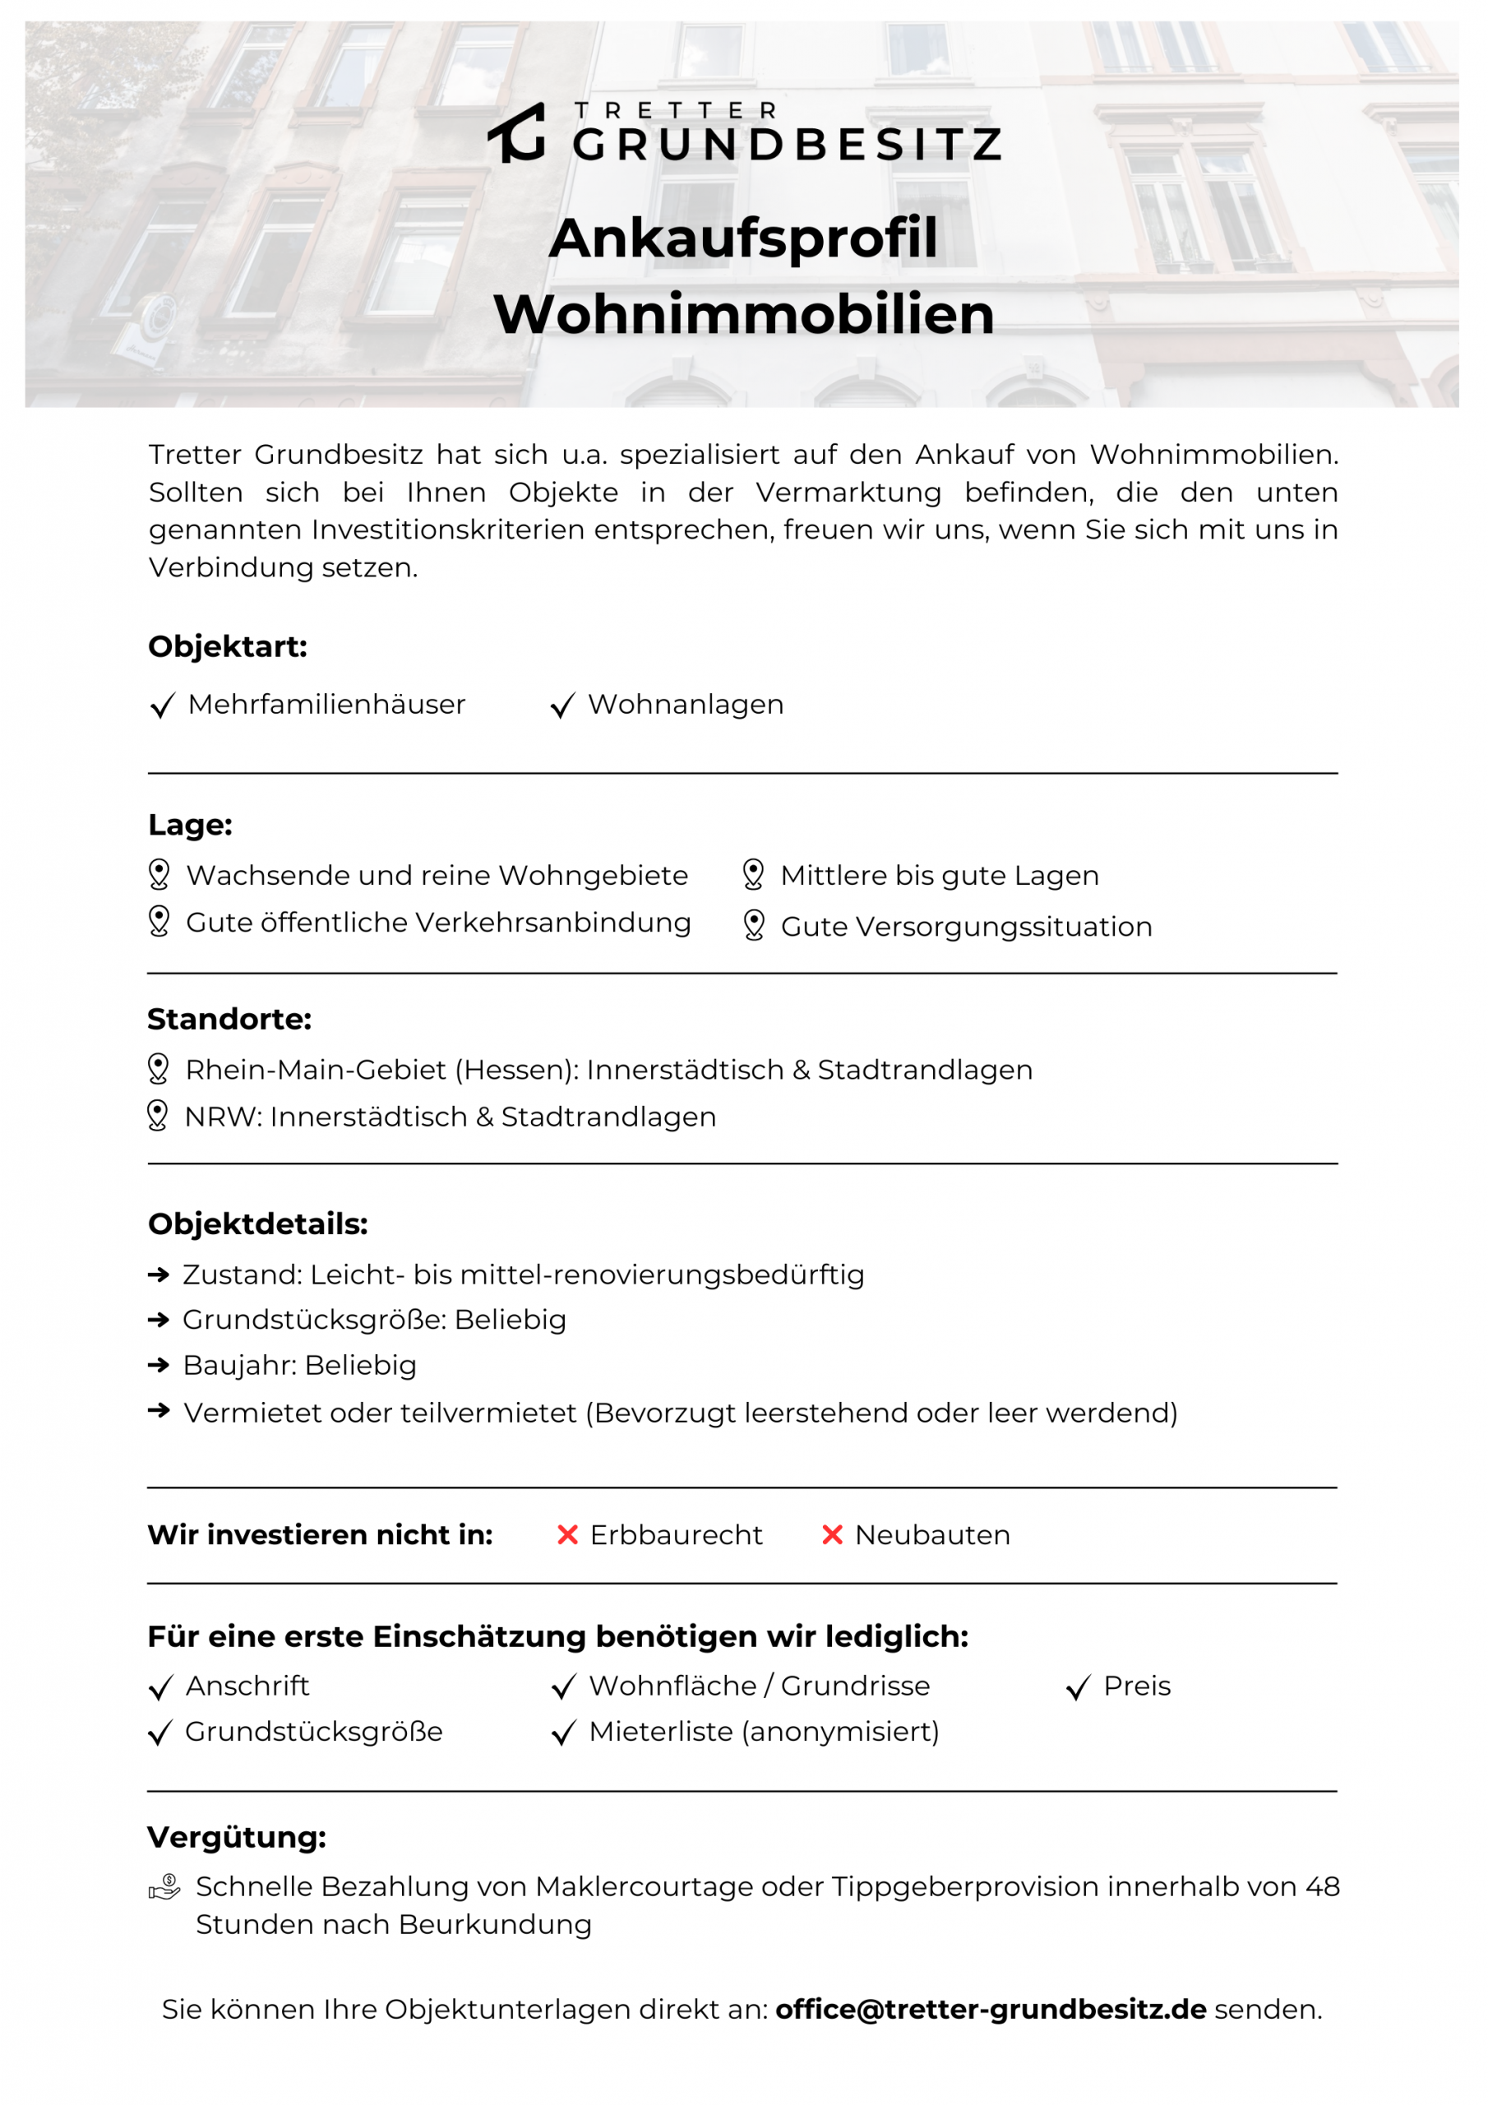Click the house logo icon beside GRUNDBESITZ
tap(516, 134)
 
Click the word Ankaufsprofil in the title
tap(742, 238)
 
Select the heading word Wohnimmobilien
tap(742, 314)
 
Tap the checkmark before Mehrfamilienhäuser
tap(162, 706)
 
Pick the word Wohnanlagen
tap(685, 705)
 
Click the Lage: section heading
tap(190, 825)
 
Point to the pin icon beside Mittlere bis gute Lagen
tap(753, 875)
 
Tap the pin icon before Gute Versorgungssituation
tap(754, 925)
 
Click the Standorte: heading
tap(229, 1020)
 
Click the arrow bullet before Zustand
tap(159, 1275)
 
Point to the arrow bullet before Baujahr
tap(159, 1366)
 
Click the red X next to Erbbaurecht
tap(567, 1534)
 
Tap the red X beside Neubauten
tap(832, 1534)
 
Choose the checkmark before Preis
tap(1078, 1688)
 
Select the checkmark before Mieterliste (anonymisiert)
tap(563, 1733)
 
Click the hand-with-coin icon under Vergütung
tap(165, 1888)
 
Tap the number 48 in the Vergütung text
tap(1322, 1887)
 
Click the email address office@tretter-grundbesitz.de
tap(990, 2010)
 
